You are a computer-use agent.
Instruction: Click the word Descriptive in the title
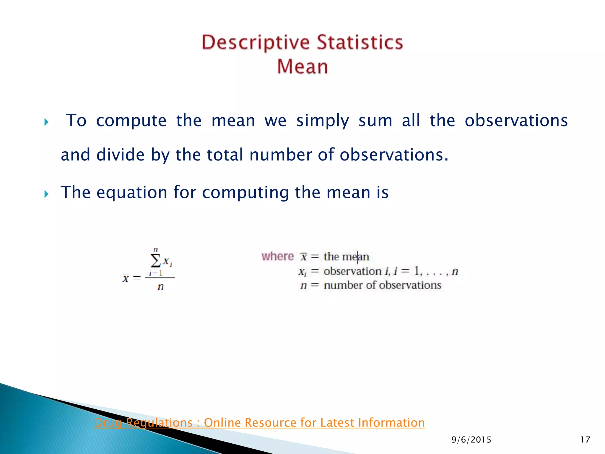tap(256, 43)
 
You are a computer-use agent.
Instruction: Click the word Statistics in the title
tap(360, 42)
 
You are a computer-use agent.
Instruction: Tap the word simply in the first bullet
tap(323, 121)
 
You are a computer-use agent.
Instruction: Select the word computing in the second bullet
tap(245, 192)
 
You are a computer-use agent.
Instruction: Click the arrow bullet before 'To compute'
tap(46, 122)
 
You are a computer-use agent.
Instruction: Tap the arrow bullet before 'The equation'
tap(46, 194)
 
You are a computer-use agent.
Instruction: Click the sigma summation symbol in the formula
tap(155, 260)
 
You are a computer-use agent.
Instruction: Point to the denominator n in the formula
tap(160, 287)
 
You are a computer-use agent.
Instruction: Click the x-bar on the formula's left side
tap(126, 278)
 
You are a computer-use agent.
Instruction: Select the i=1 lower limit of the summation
tap(155, 273)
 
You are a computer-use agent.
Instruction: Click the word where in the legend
tap(278, 256)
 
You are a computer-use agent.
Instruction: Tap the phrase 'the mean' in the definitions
tap(346, 257)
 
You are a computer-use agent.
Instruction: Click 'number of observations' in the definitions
tap(382, 285)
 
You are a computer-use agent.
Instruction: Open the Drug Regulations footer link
tap(259, 423)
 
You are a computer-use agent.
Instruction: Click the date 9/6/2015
tap(471, 440)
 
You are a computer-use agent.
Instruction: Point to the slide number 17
tap(585, 440)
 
